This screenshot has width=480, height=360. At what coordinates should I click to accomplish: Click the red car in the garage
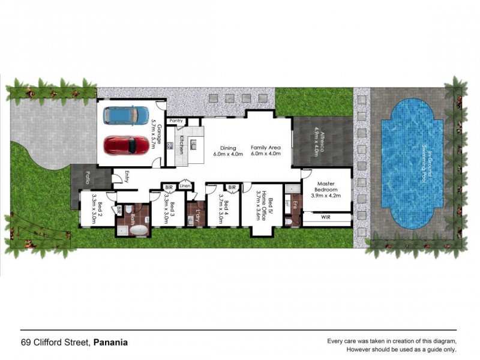[127, 145]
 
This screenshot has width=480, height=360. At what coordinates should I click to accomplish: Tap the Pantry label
[176, 121]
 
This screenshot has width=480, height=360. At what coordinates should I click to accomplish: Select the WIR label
[326, 217]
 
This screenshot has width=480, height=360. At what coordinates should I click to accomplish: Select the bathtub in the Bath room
[139, 230]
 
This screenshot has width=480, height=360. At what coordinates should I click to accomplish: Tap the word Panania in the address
[110, 343]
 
